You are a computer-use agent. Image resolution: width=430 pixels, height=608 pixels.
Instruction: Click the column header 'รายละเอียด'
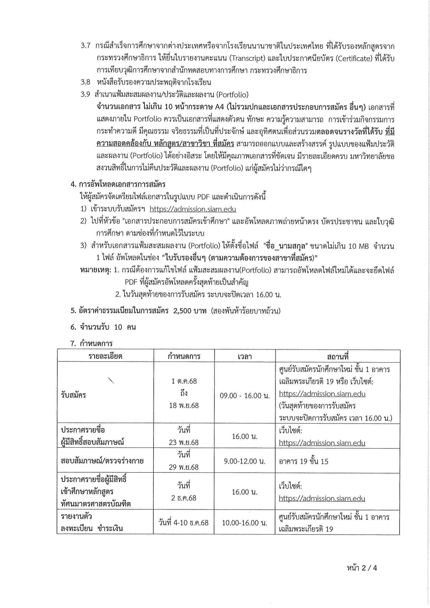point(105,356)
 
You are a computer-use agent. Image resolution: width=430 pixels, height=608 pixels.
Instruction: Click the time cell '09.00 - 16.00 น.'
point(244,396)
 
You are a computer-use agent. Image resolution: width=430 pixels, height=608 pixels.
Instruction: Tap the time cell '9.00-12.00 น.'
point(244,461)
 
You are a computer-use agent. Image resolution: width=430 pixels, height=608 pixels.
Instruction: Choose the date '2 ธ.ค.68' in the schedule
point(184,498)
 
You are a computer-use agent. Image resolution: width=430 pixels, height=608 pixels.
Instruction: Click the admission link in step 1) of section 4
point(193,209)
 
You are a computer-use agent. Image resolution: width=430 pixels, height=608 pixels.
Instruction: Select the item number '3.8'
point(86,82)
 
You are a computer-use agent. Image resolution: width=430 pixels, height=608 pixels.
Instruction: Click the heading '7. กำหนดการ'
point(91,344)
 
